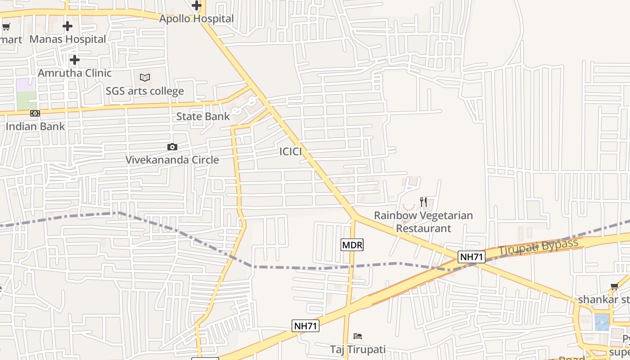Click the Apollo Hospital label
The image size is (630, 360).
[197, 19]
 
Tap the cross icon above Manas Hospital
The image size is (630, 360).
[67, 26]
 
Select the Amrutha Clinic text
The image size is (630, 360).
[75, 73]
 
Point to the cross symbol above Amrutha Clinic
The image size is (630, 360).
[75, 59]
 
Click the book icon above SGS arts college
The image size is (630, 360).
[144, 78]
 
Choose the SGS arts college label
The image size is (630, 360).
[144, 91]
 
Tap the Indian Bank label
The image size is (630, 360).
[35, 126]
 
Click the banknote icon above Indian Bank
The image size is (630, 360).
[35, 113]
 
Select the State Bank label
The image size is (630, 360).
[203, 117]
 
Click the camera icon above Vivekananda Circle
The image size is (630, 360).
[172, 147]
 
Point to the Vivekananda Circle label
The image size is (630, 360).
[172, 160]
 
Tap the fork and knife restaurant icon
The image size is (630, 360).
[423, 202]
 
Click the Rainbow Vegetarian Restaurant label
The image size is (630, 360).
[423, 222]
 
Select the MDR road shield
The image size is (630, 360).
[352, 245]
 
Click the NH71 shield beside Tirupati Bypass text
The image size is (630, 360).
[472, 257]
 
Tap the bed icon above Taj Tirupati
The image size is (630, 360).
[358, 336]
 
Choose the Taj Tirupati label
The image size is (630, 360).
[358, 350]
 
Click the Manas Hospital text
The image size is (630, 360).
[67, 40]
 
